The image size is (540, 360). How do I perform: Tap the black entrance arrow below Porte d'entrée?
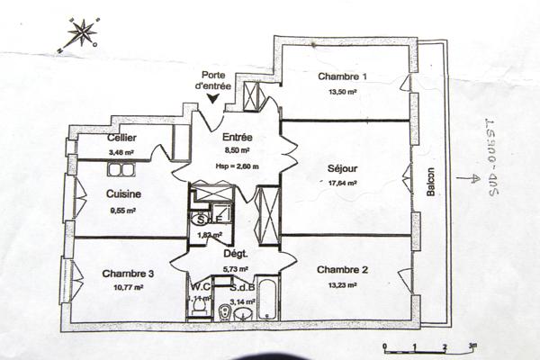(213, 98)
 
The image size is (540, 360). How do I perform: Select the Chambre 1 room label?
(343, 76)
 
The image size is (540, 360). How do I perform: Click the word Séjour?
(343, 168)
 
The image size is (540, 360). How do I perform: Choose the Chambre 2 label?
(343, 270)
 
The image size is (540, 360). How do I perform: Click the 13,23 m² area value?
(342, 283)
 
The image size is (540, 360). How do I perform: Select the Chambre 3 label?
(121, 274)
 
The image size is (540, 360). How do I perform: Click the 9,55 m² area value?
(121, 211)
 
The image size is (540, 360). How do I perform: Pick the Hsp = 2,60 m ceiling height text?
(236, 166)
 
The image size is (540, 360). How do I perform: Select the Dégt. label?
(236, 254)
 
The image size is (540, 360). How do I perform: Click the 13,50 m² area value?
(343, 91)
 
